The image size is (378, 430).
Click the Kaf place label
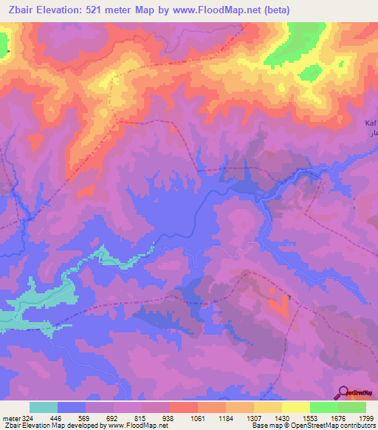pos(371,122)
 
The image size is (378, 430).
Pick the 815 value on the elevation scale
pos(142,417)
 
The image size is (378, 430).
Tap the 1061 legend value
pos(199,417)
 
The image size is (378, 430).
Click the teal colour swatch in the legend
pos(44,407)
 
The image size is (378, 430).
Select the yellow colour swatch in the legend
pos(296,407)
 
